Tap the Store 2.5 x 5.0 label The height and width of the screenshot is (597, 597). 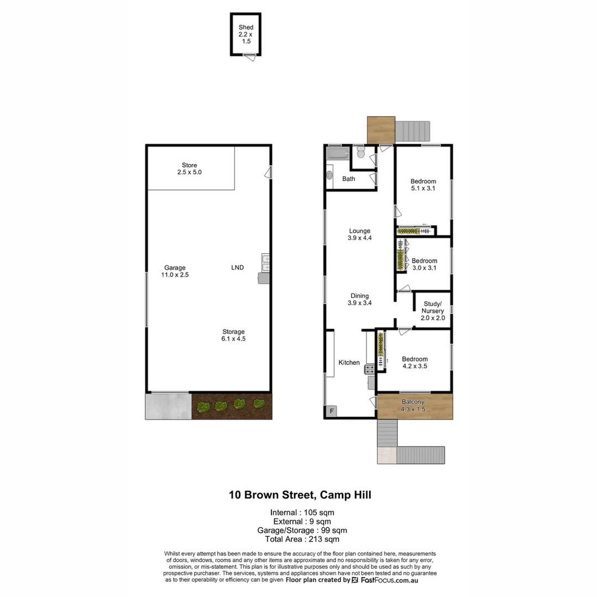pyautogui.click(x=190, y=169)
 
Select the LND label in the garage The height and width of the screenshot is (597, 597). pyautogui.click(x=237, y=268)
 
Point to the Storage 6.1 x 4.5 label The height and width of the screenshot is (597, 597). pyautogui.click(x=234, y=335)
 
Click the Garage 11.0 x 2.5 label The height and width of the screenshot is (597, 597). pyautogui.click(x=175, y=271)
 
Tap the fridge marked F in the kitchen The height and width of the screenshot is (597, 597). pyautogui.click(x=332, y=411)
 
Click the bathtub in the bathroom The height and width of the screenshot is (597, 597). pyautogui.click(x=337, y=153)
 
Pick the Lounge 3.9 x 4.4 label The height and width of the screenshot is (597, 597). pyautogui.click(x=359, y=234)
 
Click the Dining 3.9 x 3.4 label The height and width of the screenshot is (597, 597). pyautogui.click(x=359, y=299)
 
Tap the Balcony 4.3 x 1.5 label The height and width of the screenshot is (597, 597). pyautogui.click(x=413, y=405)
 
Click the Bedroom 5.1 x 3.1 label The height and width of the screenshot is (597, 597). pyautogui.click(x=423, y=185)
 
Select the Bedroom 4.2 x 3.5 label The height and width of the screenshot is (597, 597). pyautogui.click(x=415, y=363)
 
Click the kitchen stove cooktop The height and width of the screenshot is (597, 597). pyautogui.click(x=369, y=369)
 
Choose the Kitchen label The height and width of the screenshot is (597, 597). pyautogui.click(x=349, y=363)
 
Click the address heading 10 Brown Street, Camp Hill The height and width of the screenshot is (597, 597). pyautogui.click(x=300, y=495)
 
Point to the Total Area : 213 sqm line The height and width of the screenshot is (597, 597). pyautogui.click(x=302, y=539)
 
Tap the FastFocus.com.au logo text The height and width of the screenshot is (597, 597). pyautogui.click(x=390, y=580)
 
